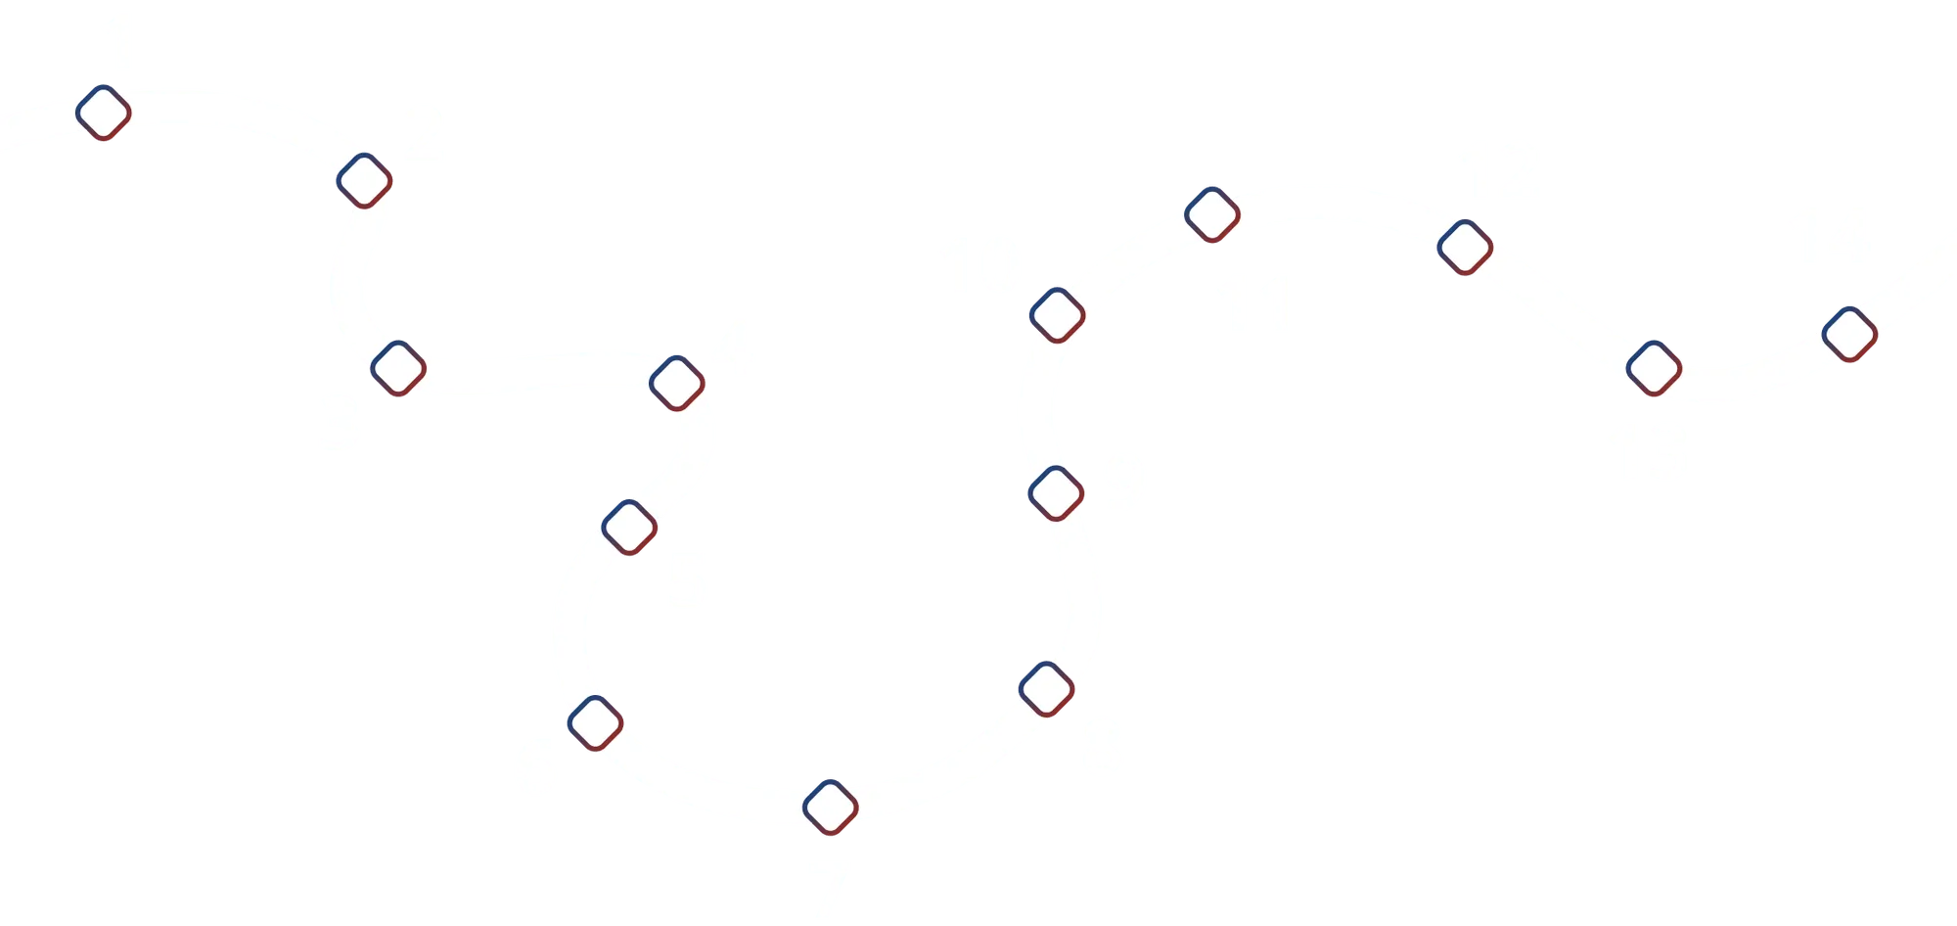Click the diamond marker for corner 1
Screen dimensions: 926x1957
click(x=104, y=113)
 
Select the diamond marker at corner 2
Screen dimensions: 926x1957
click(x=364, y=180)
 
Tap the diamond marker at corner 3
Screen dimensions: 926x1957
click(x=398, y=368)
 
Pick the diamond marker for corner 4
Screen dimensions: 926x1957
click(x=677, y=383)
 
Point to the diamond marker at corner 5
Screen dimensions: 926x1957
click(x=630, y=527)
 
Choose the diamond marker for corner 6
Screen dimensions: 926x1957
click(x=595, y=722)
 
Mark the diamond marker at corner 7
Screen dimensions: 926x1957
click(x=830, y=808)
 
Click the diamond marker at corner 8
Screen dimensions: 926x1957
click(x=1047, y=688)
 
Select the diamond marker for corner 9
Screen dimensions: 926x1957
click(x=1057, y=492)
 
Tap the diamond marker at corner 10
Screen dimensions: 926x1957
click(x=1058, y=313)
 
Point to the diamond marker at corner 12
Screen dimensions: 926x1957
click(x=1464, y=248)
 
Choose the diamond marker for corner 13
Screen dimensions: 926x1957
click(x=1654, y=368)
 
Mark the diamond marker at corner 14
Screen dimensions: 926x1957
click(x=1849, y=334)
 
